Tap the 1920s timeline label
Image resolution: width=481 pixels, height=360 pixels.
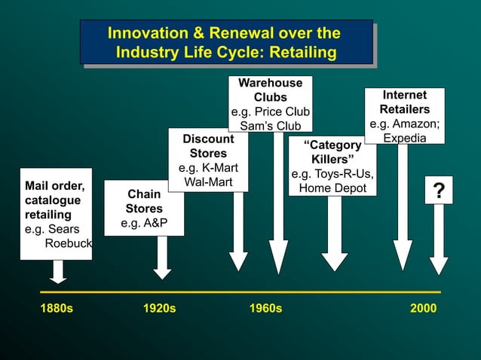click(160, 309)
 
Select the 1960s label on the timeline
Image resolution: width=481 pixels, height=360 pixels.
click(265, 309)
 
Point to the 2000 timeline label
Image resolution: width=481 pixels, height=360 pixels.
click(424, 309)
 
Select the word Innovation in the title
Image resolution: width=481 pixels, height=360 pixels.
click(147, 34)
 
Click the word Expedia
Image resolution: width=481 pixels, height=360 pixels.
click(404, 139)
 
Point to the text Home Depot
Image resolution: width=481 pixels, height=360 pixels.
click(332, 188)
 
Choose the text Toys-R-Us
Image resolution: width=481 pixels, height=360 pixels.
click(343, 175)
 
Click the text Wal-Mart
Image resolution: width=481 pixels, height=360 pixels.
click(208, 182)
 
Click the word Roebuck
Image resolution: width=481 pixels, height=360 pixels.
click(69, 243)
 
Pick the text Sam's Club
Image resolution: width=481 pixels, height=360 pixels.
click(270, 126)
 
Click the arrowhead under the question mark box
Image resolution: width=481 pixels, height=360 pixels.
click(439, 266)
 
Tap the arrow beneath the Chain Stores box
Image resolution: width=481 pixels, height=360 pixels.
click(162, 260)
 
